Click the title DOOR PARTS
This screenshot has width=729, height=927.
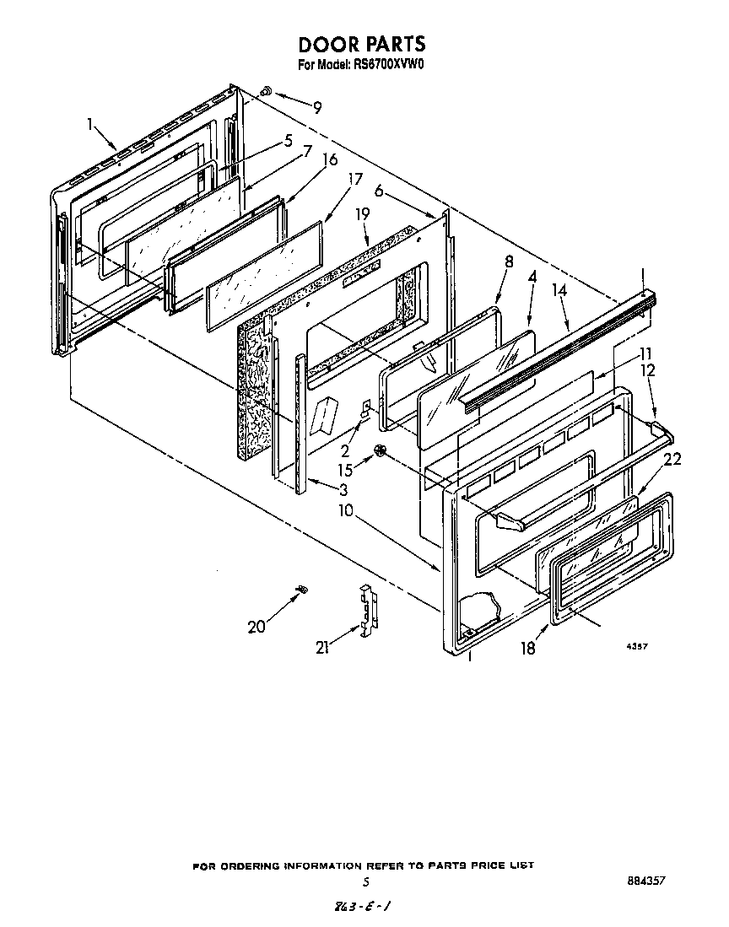pos(362,44)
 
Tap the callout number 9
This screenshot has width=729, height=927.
pos(317,107)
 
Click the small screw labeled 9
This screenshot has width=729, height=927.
pos(265,89)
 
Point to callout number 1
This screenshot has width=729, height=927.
pos(90,124)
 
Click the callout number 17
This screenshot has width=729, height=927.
pos(355,180)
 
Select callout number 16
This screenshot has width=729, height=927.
pos(330,159)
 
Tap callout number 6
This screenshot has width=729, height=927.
pos(380,192)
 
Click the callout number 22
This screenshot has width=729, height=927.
pos(672,459)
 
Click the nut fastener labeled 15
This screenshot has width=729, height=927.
pos(381,453)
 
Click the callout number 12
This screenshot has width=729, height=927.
pos(646,369)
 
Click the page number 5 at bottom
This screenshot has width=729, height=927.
pos(365,882)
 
